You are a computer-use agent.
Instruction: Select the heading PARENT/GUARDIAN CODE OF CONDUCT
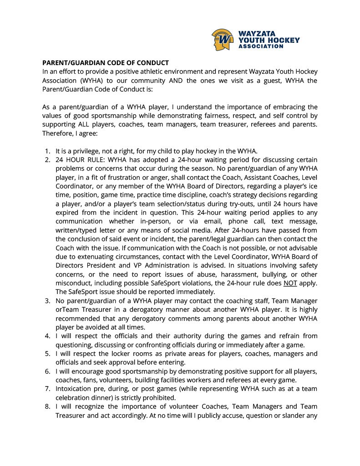pyautogui.click(x=106, y=63)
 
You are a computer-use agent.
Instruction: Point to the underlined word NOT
pyautogui.click(x=289, y=283)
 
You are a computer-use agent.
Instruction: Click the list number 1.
pyautogui.click(x=47, y=151)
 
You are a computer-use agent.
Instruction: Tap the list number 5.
pyautogui.click(x=47, y=354)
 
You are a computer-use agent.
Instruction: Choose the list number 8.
pyautogui.click(x=47, y=406)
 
